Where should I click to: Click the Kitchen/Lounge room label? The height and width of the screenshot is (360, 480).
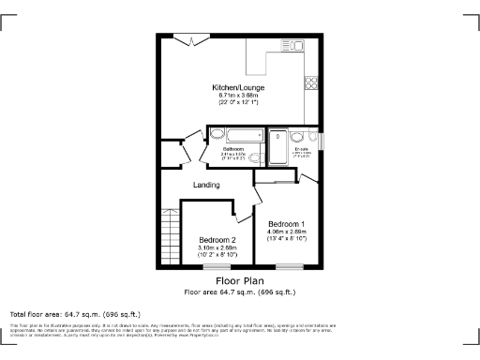[239, 87]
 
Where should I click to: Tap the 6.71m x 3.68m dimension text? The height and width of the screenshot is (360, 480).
[239, 95]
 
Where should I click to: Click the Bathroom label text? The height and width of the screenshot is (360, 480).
[233, 149]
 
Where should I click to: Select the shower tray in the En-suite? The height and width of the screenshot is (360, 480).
[280, 148]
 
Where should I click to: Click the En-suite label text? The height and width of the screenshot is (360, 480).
[302, 149]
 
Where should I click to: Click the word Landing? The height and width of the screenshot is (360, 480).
[206, 185]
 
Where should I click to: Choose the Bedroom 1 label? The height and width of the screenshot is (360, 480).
[286, 224]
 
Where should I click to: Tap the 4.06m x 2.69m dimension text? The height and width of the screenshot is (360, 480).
[286, 232]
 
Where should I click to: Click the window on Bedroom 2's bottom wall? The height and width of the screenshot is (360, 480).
[217, 267]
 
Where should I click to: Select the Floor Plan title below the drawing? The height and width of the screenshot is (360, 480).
[240, 280]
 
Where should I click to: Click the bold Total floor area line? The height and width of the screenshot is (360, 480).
[75, 313]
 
